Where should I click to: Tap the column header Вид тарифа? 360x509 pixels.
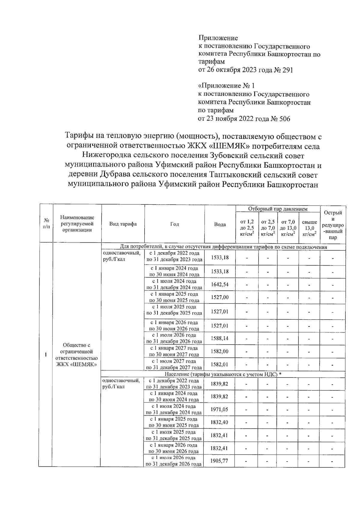click(123, 224)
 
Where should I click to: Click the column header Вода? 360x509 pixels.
click(220, 224)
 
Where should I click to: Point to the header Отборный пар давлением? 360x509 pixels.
click(277, 209)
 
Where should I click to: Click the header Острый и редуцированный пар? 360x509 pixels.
click(333, 225)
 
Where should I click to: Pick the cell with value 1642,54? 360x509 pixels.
click(220, 285)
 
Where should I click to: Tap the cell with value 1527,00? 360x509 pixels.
click(220, 297)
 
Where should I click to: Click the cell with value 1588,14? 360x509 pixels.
click(220, 339)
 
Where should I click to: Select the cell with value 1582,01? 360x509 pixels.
click(220, 365)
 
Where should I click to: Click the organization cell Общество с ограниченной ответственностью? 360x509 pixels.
click(76, 355)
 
